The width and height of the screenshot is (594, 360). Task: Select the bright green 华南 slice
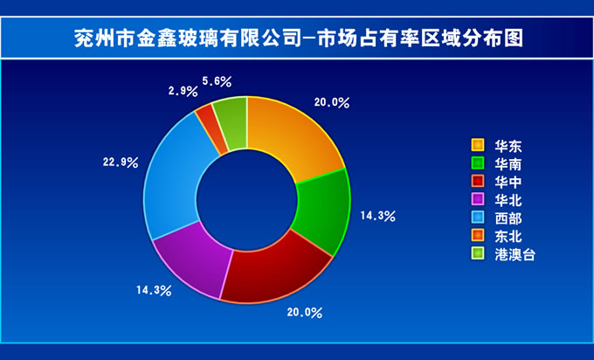coord(322,211)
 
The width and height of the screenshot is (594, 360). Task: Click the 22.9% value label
coord(121,163)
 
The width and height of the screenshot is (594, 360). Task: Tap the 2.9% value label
coord(183,91)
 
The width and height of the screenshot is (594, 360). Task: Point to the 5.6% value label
coord(217,81)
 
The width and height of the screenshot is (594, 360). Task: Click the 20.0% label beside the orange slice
coord(332,102)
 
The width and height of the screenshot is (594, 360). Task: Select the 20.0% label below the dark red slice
coord(305,313)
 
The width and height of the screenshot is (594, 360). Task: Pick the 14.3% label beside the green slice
coord(377,216)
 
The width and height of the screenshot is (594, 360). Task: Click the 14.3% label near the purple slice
coord(155,291)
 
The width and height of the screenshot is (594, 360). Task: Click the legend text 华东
coord(508,146)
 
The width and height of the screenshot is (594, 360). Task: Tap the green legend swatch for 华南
coord(478,163)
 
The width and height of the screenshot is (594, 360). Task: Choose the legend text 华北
coord(508,200)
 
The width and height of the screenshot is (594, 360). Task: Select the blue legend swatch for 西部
coord(478,218)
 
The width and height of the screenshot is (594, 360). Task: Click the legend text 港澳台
coord(515,254)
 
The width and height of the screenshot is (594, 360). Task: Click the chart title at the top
coord(299,38)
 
